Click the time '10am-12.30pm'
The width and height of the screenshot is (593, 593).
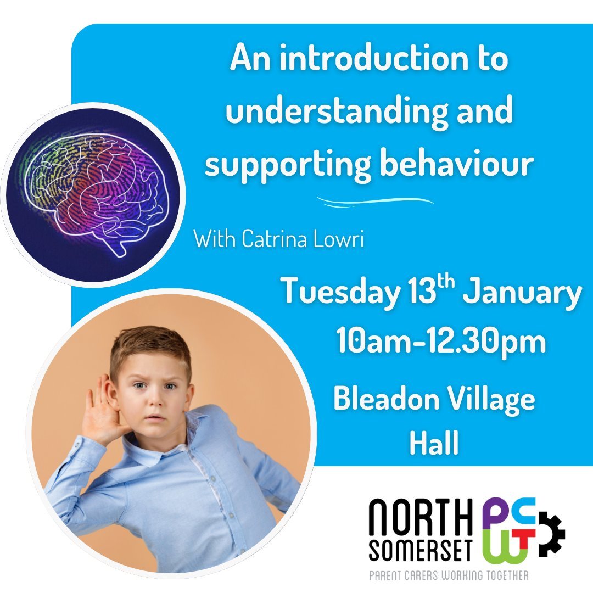pyautogui.click(x=441, y=342)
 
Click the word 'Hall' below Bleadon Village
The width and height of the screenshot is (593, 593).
pyautogui.click(x=434, y=444)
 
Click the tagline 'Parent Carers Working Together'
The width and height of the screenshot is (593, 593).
pyautogui.click(x=448, y=575)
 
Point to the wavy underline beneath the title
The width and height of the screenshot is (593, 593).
pyautogui.click(x=375, y=202)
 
